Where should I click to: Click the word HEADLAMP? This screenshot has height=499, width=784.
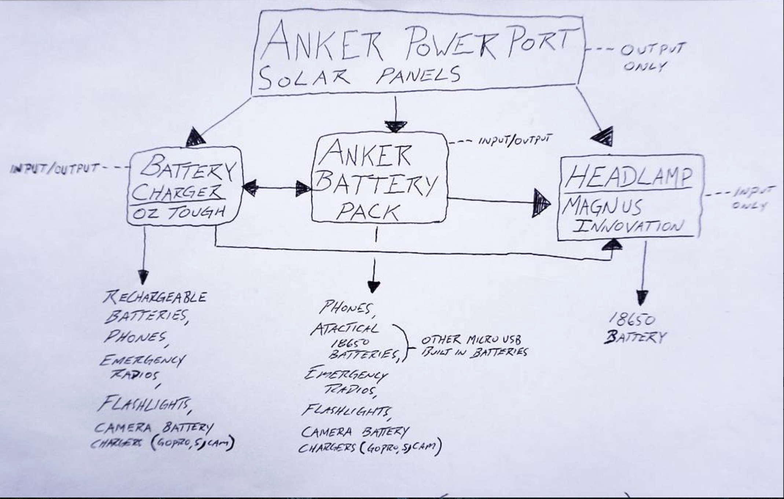click(629, 177)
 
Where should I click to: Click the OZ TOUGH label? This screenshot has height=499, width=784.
click(178, 212)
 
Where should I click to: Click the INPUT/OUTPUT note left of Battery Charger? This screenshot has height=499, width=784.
click(55, 168)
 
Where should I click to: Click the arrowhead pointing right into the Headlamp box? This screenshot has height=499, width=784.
click(541, 203)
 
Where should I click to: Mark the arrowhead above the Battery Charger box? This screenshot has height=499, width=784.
click(195, 138)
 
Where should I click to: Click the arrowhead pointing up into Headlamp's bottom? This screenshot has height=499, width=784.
click(612, 244)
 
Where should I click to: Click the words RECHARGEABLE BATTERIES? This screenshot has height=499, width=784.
click(152, 306)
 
